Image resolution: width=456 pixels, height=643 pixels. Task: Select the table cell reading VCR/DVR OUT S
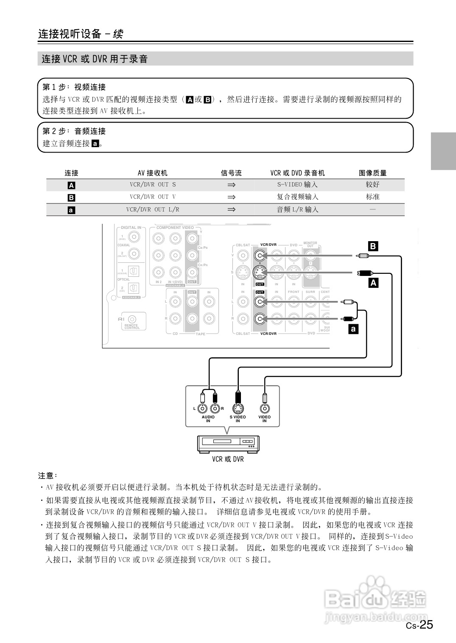pos(153,185)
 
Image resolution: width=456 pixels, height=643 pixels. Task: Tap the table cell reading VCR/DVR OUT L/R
pos(153,209)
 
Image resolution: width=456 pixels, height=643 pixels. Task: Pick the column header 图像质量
pos(372,173)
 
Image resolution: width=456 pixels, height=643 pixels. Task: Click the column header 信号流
pos(231,173)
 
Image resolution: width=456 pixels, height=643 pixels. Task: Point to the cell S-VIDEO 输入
pos(297,185)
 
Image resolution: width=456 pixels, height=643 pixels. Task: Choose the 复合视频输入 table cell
pos(297,197)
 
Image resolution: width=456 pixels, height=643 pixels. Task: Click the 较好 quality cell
pos(372,185)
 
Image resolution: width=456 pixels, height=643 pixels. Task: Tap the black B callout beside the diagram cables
pos(373,246)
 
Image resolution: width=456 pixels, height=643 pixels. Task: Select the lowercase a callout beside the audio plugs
pos(353,328)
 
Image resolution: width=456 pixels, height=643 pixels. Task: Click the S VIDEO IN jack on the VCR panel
pos(238,408)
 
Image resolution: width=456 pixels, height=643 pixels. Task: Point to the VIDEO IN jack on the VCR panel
pos(265,408)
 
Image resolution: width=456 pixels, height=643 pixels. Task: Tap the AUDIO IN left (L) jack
pos(203,409)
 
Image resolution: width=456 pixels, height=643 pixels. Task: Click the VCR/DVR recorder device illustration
pos(228,443)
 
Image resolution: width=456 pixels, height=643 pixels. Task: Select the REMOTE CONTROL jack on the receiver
pos(133,319)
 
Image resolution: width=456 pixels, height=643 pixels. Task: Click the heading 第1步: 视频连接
pos(74,87)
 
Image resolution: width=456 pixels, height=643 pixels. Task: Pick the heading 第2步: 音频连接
pos(74,131)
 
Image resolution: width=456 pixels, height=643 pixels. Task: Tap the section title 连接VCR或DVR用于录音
pos(95,59)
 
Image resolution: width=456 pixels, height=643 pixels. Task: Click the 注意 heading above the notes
pos(48,476)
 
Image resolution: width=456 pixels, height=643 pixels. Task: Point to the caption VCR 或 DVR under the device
pos(228,459)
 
